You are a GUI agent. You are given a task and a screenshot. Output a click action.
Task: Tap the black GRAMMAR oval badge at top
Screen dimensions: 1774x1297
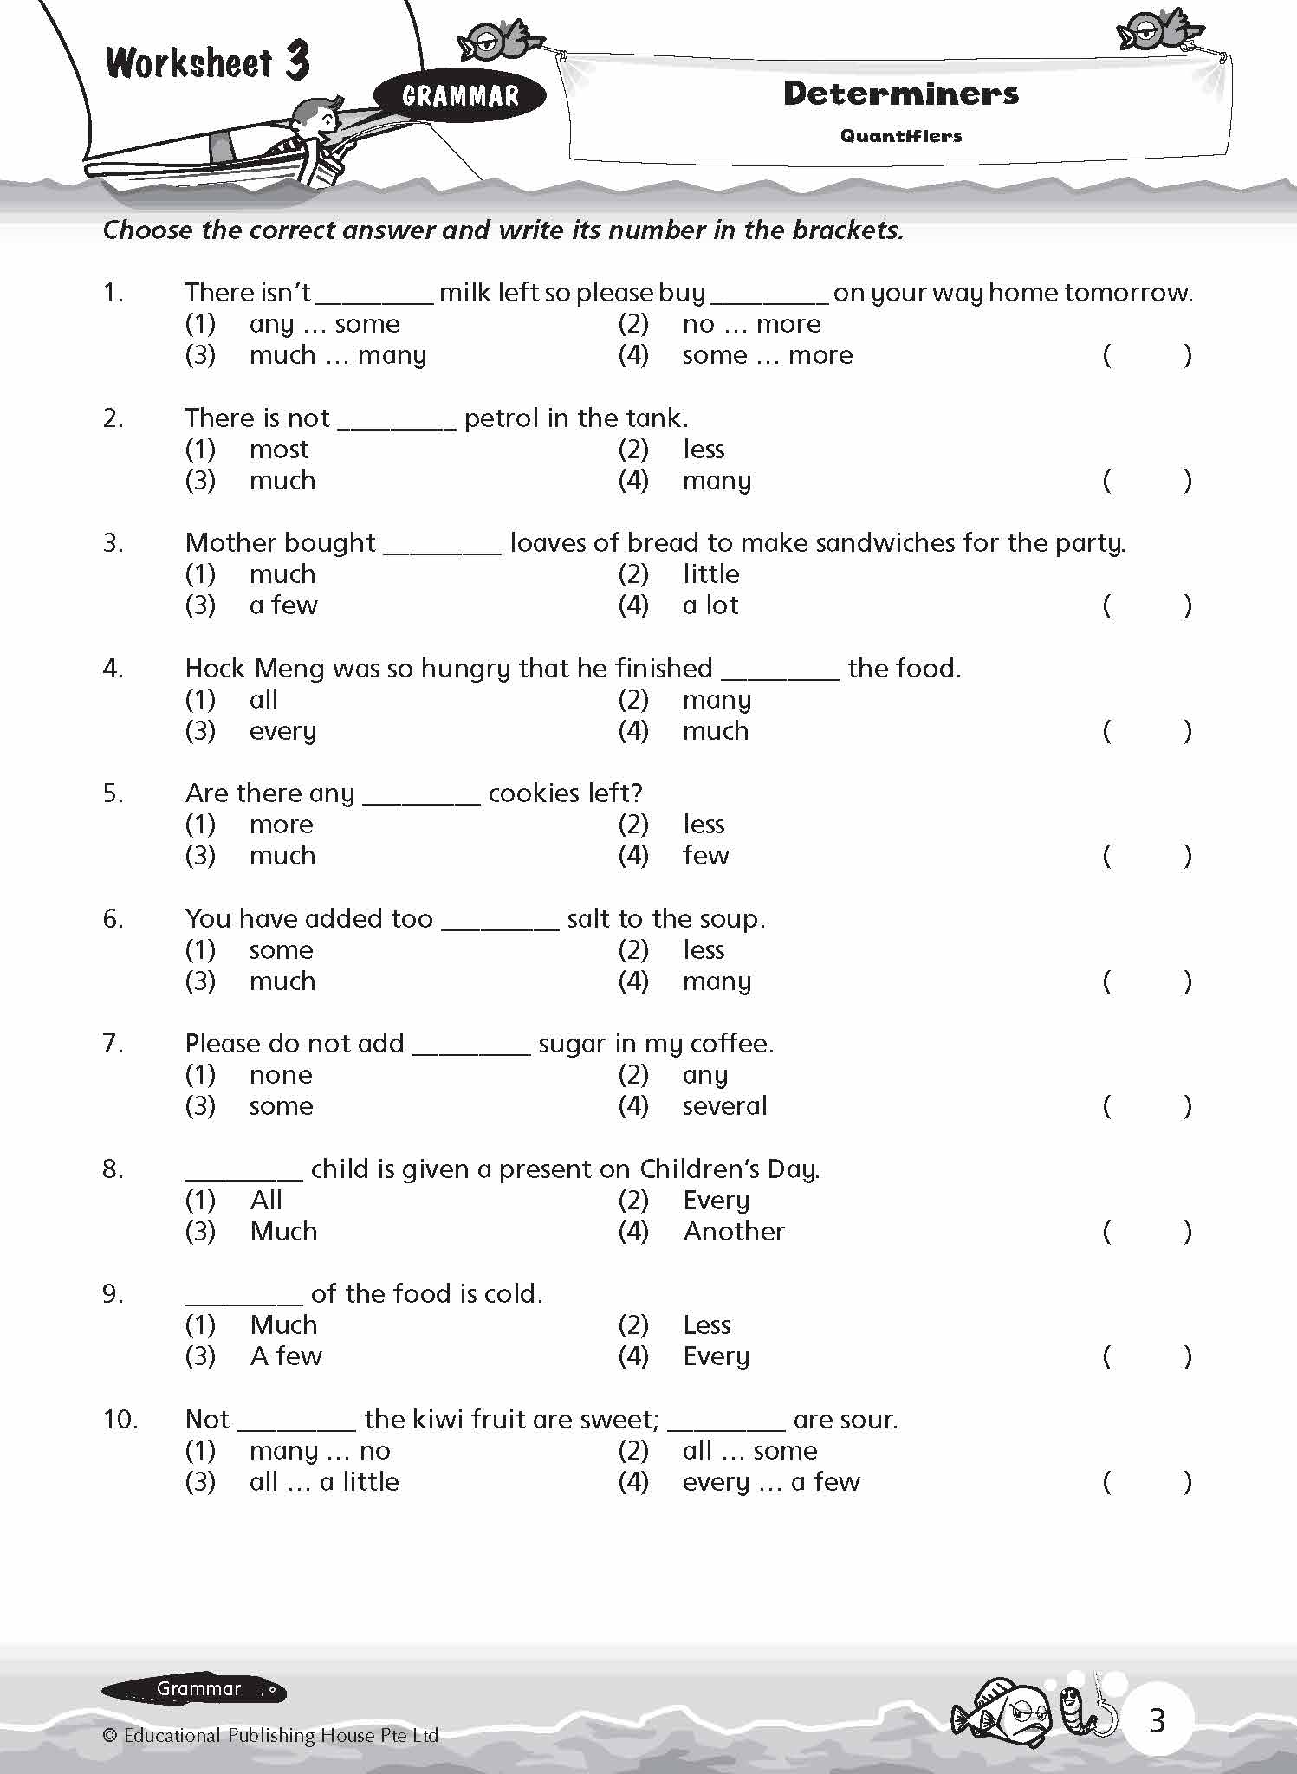(x=460, y=95)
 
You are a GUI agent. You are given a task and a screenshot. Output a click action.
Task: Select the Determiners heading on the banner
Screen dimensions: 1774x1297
(x=900, y=94)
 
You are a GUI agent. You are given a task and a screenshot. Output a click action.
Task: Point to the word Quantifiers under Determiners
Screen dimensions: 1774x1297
(x=900, y=136)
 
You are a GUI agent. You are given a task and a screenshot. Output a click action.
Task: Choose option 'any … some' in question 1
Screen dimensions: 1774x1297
(x=324, y=324)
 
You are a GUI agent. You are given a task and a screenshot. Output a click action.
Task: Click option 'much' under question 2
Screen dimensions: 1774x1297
(x=282, y=481)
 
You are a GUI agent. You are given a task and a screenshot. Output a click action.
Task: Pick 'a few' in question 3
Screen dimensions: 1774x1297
(x=283, y=605)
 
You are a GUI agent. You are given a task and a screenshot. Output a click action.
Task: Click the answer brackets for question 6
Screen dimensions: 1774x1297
(x=1146, y=981)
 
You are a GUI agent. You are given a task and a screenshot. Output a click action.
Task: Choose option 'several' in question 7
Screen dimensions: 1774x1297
(x=724, y=1106)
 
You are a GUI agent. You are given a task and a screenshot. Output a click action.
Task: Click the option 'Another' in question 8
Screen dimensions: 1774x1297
(x=734, y=1232)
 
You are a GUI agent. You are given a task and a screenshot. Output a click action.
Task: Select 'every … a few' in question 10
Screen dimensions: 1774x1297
(x=771, y=1482)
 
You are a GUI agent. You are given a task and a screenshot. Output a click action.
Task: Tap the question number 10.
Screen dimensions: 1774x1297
(x=120, y=1420)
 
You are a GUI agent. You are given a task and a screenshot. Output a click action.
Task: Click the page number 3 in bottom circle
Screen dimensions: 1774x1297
(x=1157, y=1720)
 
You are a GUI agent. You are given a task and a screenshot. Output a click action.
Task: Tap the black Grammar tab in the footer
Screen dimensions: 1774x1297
(x=194, y=1688)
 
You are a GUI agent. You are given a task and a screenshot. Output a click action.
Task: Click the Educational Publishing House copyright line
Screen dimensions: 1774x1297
(x=270, y=1735)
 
